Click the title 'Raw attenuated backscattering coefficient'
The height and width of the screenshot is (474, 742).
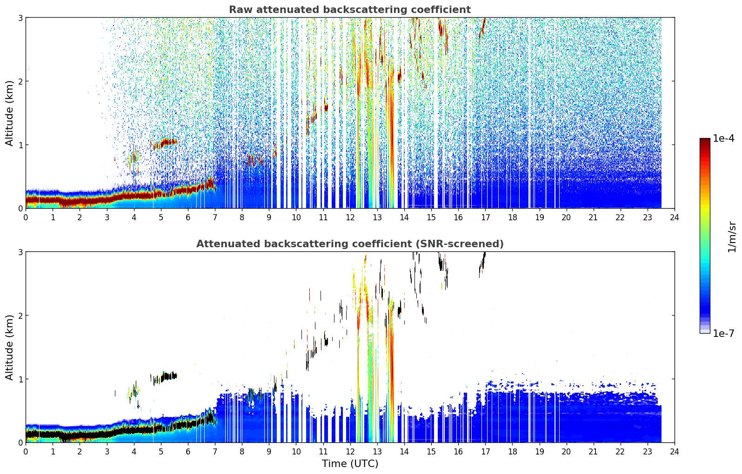click(350, 10)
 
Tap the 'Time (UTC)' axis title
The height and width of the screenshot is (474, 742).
click(350, 463)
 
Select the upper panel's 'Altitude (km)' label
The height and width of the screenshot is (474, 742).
click(9, 113)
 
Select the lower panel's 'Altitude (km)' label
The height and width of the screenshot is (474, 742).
click(9, 347)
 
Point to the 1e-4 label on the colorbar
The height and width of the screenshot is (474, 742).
click(723, 138)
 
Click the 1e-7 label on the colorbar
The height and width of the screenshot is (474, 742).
click(723, 333)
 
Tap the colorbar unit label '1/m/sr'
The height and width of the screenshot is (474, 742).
click(732, 237)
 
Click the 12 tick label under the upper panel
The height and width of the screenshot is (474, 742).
click(350, 217)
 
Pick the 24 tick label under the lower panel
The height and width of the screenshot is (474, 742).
click(675, 452)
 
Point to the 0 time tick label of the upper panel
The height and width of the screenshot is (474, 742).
click(26, 217)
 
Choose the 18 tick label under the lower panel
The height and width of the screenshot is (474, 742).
click(513, 452)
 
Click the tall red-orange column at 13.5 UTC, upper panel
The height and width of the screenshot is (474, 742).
click(391, 139)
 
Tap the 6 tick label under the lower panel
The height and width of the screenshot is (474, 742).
click(188, 452)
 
